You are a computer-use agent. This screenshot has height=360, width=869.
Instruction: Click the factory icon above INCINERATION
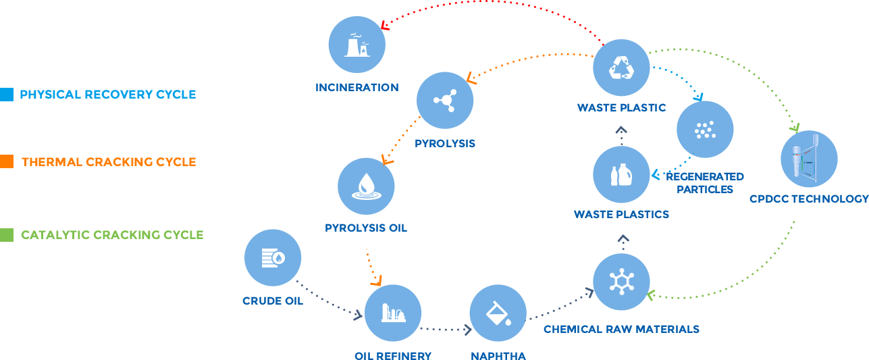(357, 45)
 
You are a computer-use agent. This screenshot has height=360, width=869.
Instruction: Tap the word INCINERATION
(357, 87)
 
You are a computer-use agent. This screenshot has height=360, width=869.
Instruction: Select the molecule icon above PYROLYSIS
(445, 101)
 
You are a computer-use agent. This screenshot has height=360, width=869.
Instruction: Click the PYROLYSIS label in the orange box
(445, 143)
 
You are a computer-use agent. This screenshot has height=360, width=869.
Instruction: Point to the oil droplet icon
(366, 186)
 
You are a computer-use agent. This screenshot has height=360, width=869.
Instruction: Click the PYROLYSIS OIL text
(365, 228)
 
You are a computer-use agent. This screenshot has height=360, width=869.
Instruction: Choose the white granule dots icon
(705, 128)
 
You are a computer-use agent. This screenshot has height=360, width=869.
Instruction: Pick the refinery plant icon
(393, 313)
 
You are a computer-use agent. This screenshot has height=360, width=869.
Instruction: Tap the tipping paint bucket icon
(498, 313)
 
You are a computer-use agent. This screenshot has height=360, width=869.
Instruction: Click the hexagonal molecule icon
(621, 281)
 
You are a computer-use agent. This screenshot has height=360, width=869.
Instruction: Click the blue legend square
(7, 94)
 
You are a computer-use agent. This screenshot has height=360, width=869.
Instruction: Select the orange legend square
(7, 161)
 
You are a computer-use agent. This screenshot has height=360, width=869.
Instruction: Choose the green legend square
(7, 234)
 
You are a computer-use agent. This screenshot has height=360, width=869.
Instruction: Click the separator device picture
(809, 159)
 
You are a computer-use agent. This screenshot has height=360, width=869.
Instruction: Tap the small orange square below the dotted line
(375, 280)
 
